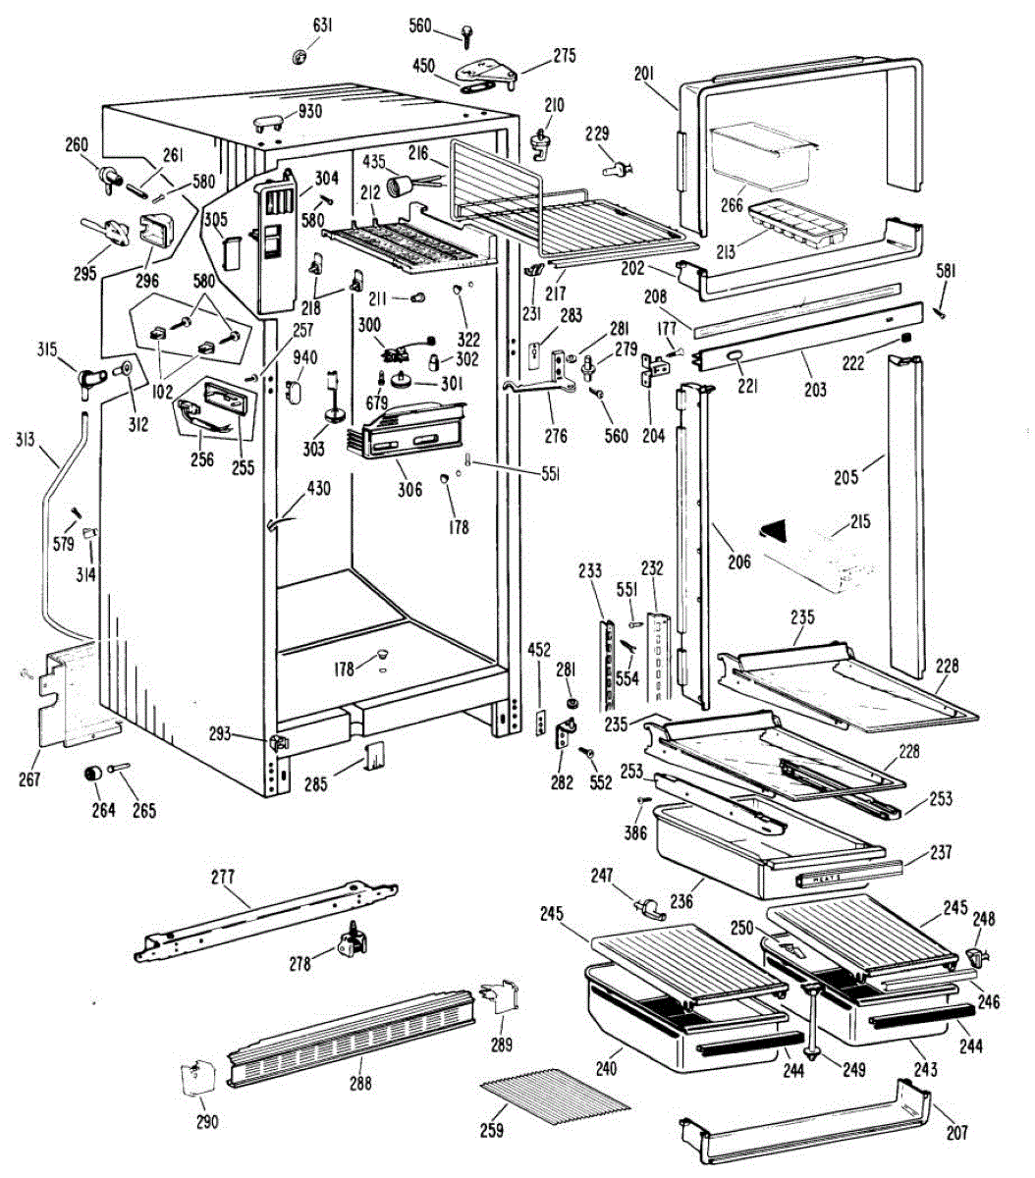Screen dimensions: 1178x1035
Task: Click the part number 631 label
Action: tap(322, 25)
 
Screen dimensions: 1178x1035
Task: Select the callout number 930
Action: tap(310, 111)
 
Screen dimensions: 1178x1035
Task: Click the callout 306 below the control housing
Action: tap(409, 490)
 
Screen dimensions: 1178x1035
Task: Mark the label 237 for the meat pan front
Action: tap(941, 852)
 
